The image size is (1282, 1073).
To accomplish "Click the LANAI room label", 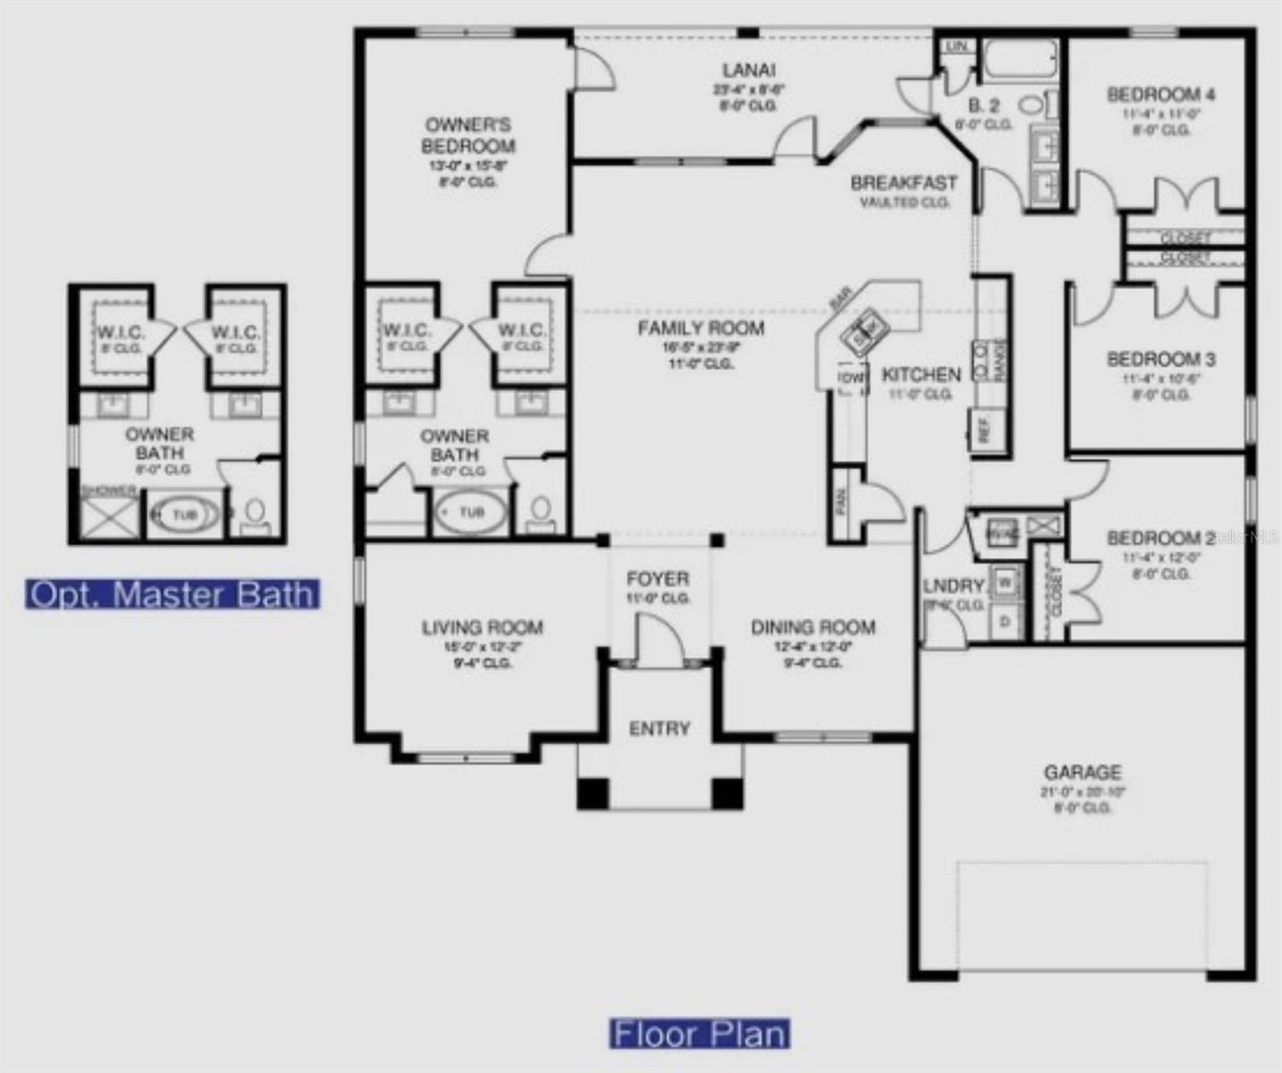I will [748, 71].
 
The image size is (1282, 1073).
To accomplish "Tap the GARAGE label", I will [1083, 773].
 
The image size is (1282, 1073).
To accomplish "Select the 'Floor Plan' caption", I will [699, 1035].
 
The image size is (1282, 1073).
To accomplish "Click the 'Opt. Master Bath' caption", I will [173, 595].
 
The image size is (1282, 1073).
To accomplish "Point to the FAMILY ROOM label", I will [701, 328].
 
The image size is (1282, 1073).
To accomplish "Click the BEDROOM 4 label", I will [1160, 95].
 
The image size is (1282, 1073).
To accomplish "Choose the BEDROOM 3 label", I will [1160, 359].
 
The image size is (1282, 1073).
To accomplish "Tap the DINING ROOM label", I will [813, 628].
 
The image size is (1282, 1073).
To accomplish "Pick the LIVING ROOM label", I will [482, 628].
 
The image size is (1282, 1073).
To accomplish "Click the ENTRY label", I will [660, 729].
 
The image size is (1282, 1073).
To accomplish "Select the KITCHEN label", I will [922, 375].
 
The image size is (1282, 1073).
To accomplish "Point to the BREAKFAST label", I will [904, 183].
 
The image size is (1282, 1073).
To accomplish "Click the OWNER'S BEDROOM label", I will [468, 135].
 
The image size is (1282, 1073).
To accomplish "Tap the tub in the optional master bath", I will [183, 515].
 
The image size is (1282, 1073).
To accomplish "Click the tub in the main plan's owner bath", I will [470, 512].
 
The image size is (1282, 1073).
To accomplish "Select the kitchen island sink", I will [864, 332].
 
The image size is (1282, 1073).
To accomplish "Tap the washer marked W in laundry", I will [1006, 583].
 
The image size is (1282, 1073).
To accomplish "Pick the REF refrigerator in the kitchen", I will [985, 429].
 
